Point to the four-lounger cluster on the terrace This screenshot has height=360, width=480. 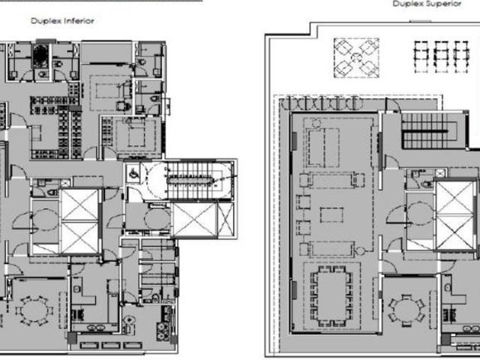355,56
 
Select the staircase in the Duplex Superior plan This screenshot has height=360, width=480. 430,132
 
